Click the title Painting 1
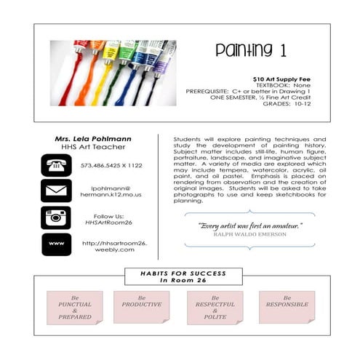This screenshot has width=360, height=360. coord(245,51)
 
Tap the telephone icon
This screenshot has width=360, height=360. coord(56,164)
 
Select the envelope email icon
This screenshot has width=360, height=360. coord(56,191)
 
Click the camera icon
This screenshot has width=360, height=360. coord(56,217)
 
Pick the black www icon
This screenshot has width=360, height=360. coord(56,244)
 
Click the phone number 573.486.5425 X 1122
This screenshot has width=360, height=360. coord(111,165)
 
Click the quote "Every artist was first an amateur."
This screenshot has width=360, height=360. coord(249,225)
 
